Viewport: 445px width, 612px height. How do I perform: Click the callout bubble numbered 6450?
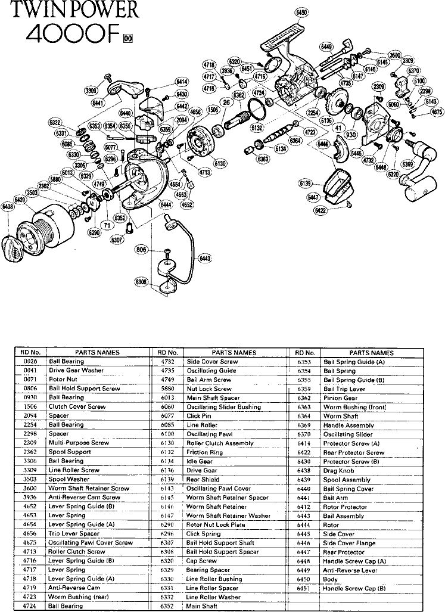click(302, 11)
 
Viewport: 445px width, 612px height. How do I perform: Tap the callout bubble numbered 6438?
click(8, 207)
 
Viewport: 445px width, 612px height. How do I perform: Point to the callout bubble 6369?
click(408, 164)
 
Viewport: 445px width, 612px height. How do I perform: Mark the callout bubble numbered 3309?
click(91, 91)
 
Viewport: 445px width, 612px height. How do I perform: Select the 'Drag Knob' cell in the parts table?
click(337, 471)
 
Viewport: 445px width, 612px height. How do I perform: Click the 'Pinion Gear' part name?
click(340, 397)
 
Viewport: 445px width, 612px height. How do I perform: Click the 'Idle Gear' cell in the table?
click(199, 461)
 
